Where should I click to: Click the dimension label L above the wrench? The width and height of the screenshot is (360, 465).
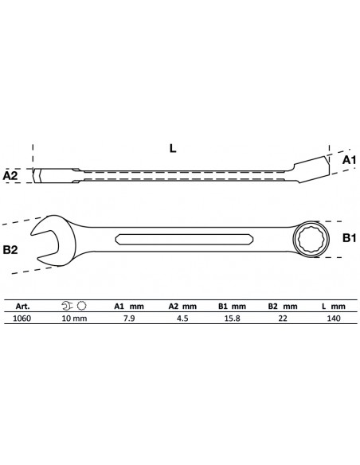pos(173,148)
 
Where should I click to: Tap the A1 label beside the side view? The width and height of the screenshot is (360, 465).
pos(349,160)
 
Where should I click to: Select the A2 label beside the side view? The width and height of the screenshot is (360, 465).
pos(10,175)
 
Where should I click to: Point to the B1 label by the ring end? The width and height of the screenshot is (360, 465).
pos(349,238)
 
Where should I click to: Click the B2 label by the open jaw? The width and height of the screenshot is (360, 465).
pos(10,250)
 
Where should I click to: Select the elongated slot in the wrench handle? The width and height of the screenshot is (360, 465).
pos(184,240)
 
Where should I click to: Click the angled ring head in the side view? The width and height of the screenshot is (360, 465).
pos(311,169)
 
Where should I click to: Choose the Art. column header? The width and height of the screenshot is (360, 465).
pos(22,307)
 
